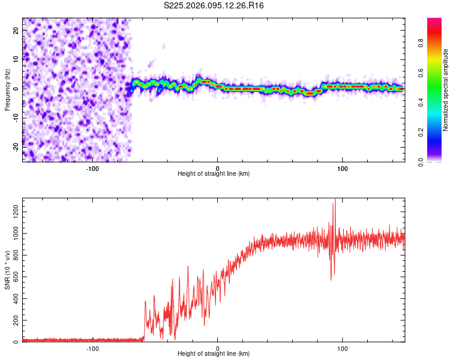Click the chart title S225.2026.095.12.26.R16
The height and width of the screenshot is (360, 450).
tap(214, 5)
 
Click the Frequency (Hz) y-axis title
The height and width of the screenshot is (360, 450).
tap(7, 90)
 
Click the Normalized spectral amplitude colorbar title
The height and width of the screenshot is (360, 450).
tap(446, 90)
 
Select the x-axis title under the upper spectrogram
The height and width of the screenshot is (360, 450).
tap(214, 173)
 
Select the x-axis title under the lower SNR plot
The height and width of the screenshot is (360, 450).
tap(214, 353)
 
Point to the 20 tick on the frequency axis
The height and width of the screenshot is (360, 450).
tap(16, 29)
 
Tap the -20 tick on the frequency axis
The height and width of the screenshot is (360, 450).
tap(14, 146)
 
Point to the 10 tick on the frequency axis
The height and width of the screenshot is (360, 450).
tap(16, 59)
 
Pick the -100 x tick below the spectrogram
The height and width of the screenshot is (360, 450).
tap(92, 167)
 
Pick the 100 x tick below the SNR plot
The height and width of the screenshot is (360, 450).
tap(343, 347)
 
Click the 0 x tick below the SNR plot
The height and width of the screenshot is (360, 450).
tap(218, 347)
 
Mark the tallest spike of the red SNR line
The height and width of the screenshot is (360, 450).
tap(334, 199)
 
